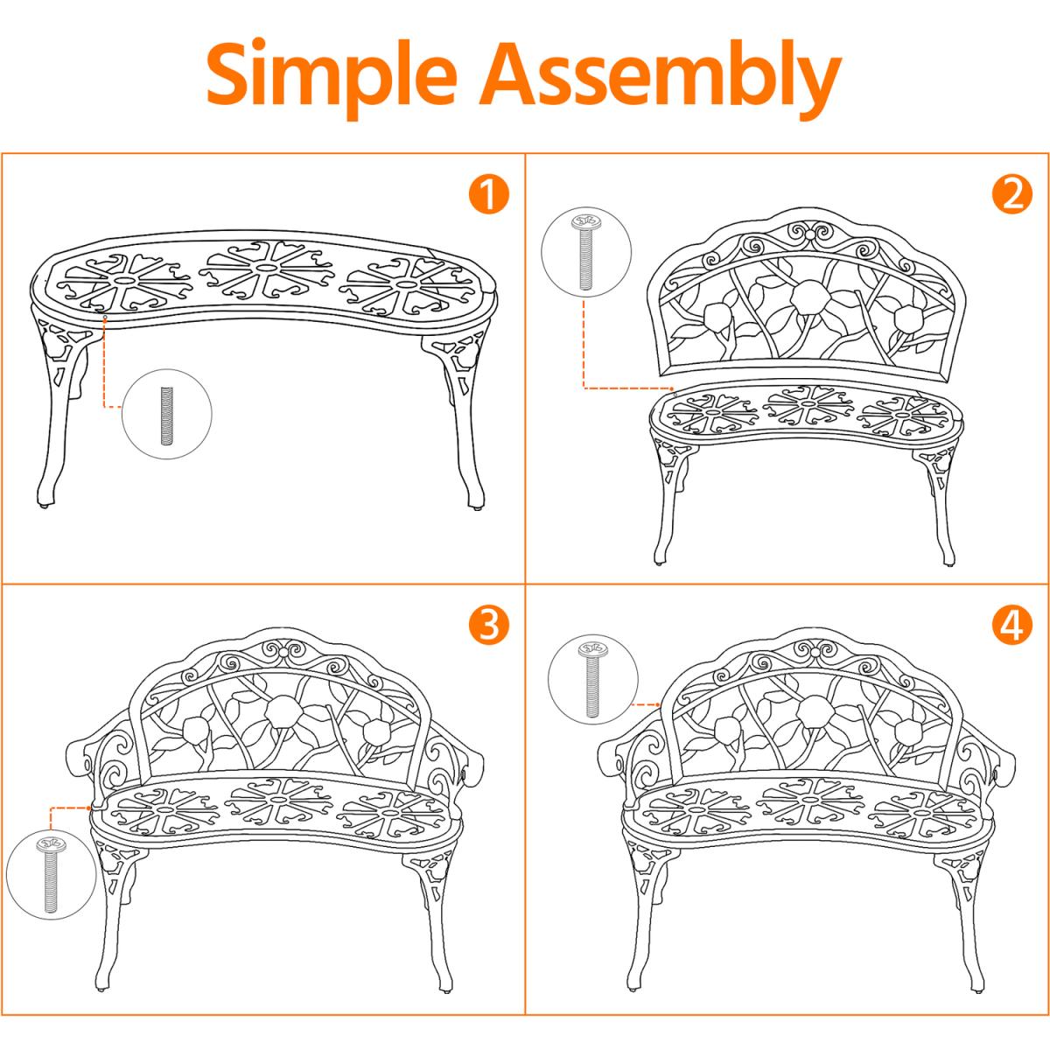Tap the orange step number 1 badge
point(489,194)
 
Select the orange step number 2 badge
point(1011,194)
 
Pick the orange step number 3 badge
point(489,625)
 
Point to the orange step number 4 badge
point(1011,625)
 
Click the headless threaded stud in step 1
point(167,415)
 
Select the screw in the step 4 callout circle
point(592,679)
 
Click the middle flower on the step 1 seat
point(265,269)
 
